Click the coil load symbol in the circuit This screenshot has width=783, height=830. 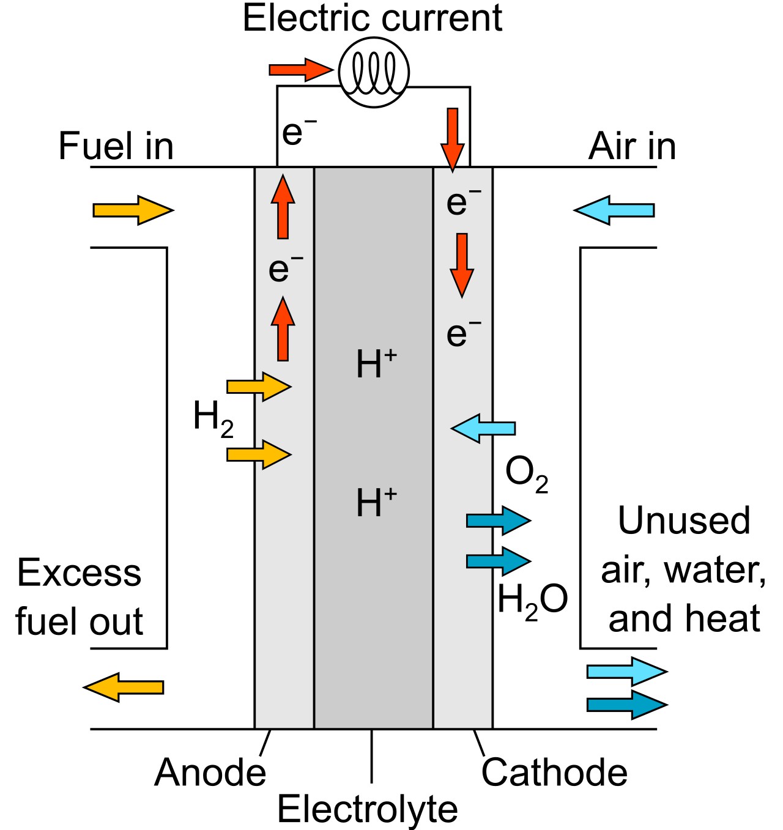(373, 72)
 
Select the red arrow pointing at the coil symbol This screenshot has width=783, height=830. (301, 69)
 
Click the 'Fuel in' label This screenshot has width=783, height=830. (116, 146)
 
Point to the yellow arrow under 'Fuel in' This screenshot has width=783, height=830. (133, 210)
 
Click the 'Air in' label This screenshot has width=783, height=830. (632, 146)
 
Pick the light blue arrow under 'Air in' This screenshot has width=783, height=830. (614, 210)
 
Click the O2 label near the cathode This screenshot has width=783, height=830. (527, 475)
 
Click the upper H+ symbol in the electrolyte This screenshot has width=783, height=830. (376, 363)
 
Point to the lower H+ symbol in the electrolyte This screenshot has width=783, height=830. (376, 502)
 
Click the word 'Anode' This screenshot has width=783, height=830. (210, 773)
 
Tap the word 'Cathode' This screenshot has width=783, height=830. (554, 773)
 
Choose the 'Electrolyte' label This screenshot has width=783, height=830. (368, 809)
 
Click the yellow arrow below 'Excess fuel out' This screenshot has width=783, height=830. (124, 687)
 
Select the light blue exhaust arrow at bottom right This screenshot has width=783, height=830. (627, 672)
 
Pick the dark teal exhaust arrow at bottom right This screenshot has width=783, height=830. (627, 705)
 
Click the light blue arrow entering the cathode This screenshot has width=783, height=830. (483, 428)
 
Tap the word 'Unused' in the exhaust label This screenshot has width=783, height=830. (684, 521)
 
